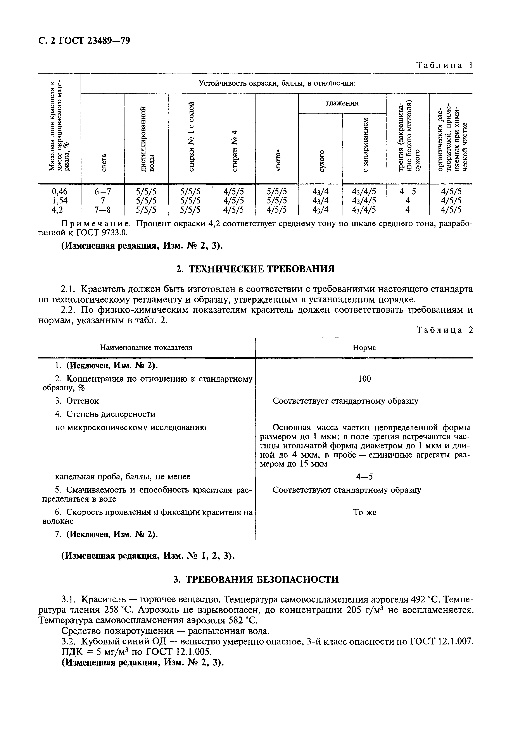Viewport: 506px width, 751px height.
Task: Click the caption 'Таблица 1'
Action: click(x=444, y=65)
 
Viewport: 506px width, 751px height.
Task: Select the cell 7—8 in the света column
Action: click(x=103, y=210)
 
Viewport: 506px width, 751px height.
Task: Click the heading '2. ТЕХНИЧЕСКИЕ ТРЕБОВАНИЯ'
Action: click(x=255, y=269)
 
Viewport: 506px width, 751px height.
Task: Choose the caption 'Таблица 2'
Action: click(x=444, y=330)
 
